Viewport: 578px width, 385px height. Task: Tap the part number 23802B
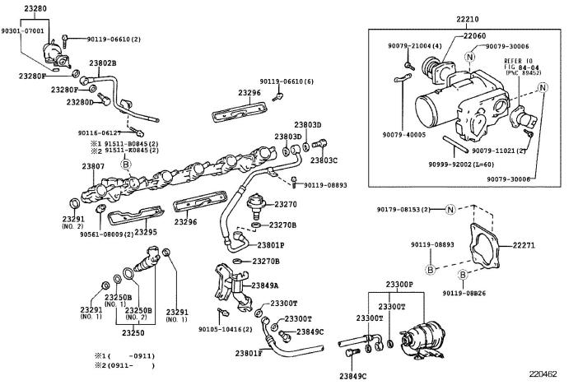click(x=103, y=63)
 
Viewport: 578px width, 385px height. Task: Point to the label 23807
click(x=93, y=166)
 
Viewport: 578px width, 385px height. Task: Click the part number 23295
click(x=145, y=233)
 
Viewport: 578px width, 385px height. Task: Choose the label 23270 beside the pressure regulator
click(x=285, y=204)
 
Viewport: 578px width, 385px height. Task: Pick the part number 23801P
click(x=271, y=245)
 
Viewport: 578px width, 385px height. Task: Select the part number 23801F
click(x=249, y=353)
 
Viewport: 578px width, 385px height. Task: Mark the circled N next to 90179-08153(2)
click(x=450, y=211)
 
